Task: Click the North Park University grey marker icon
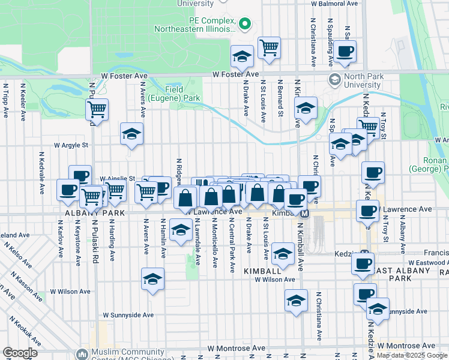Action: pos(335,79)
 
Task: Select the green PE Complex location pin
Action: pos(244,24)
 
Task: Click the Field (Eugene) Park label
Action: pos(182,93)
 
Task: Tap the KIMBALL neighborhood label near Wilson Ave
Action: pos(262,272)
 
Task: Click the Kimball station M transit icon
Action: pos(305,214)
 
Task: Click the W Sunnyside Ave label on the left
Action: pos(128,314)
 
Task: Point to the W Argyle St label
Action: pos(71,145)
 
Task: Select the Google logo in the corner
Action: pos(20,353)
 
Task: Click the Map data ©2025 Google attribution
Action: pos(412,355)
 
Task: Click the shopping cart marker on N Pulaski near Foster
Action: pos(96,110)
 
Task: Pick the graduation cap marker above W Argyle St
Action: pos(131,134)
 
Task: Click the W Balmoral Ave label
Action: pos(339,3)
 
